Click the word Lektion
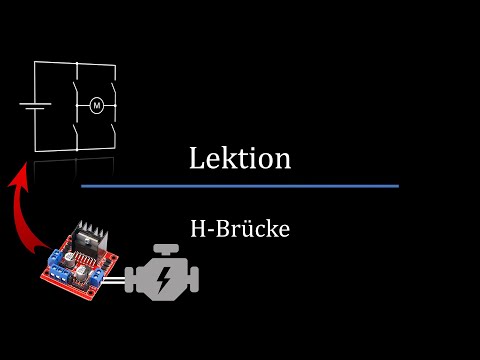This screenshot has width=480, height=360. click(x=240, y=158)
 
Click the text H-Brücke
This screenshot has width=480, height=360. click(x=240, y=228)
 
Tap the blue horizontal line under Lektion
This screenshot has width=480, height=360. click(x=240, y=186)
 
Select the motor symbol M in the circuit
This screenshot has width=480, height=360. click(x=97, y=104)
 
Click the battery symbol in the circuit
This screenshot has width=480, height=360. click(x=34, y=106)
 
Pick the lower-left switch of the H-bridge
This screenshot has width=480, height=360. click(x=76, y=128)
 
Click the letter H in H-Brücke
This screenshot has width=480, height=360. click(x=197, y=228)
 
